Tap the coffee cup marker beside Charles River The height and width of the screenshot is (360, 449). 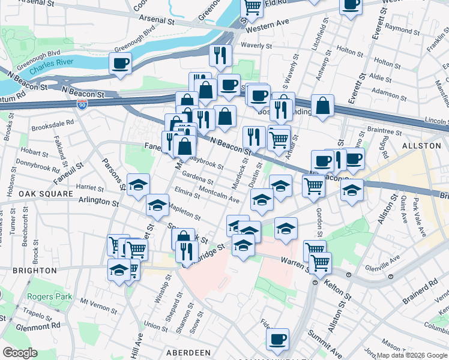pos(120,63)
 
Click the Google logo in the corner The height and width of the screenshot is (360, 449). pos(20,352)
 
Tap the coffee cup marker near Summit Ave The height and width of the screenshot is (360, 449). pos(277,339)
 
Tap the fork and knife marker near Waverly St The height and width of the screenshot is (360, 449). pos(220,55)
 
